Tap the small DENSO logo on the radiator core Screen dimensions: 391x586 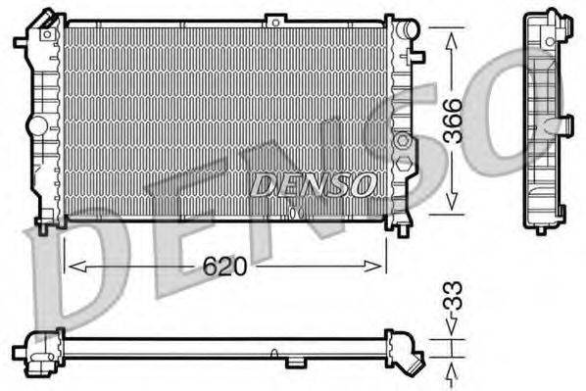coord(313,183)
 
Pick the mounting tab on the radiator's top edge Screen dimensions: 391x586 coord(276,18)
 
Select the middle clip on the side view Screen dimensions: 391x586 coord(565,125)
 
